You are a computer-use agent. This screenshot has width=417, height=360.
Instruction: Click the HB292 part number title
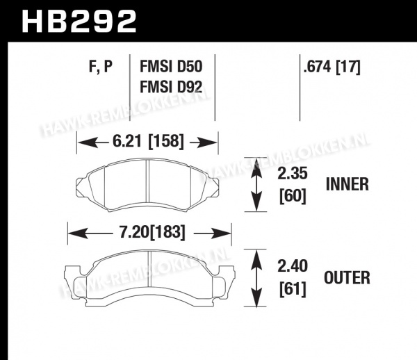pos(79,21)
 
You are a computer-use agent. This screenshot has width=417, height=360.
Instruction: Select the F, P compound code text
pos(101,67)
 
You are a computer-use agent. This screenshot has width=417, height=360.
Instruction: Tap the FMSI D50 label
pos(171,67)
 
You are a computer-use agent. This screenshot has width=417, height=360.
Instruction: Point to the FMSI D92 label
pos(171,87)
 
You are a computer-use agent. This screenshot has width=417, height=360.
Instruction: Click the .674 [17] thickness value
pos(332,67)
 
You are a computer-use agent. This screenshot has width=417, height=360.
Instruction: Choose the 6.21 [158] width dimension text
pos(149,141)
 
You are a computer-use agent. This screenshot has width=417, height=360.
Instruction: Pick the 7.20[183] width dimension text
pos(152,232)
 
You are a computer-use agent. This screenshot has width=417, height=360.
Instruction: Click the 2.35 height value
pos(293,173)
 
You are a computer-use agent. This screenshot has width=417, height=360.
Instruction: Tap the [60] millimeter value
pos(293,196)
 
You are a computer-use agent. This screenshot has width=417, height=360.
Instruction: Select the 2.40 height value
pos(293,266)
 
